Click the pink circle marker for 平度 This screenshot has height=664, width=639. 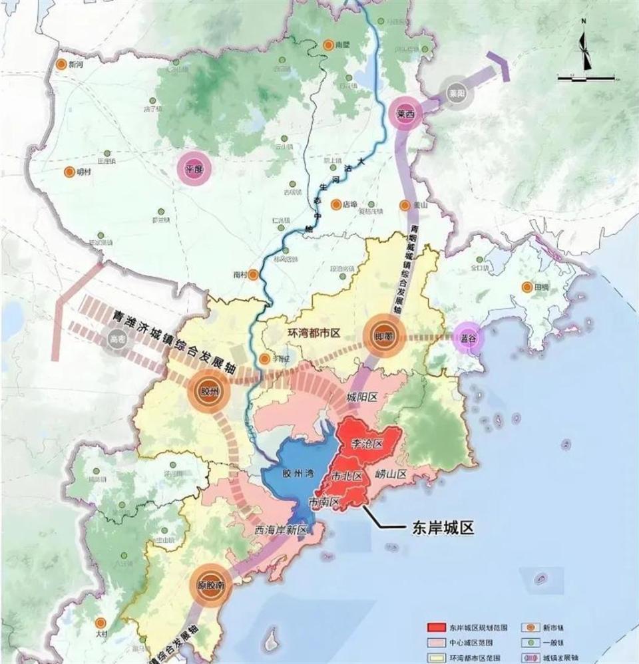194,169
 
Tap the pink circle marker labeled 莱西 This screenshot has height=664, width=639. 406,113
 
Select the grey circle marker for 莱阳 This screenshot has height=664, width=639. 456,94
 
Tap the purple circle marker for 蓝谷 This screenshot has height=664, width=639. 469,337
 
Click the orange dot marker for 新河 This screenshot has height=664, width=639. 61,65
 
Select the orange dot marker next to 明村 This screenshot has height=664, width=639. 69,172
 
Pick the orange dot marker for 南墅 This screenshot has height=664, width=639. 328,45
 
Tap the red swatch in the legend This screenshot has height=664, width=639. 436,627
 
